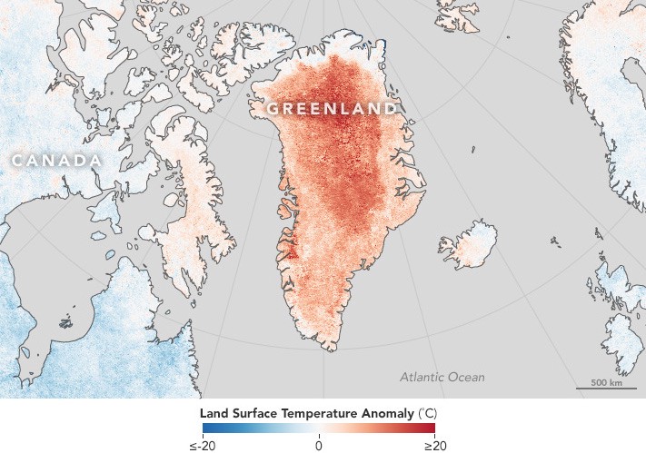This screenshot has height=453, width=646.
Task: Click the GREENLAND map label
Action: click(x=331, y=109)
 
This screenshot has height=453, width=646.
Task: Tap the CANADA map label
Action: click(x=55, y=161)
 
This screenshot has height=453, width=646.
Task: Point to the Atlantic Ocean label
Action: click(x=442, y=377)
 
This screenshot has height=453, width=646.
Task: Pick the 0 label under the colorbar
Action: click(x=319, y=443)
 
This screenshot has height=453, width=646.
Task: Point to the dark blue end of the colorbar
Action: click(x=206, y=428)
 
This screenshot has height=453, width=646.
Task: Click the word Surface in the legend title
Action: click(x=253, y=412)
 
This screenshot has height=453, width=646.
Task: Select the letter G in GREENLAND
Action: click(x=273, y=109)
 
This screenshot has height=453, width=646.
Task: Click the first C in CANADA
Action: click(x=16, y=161)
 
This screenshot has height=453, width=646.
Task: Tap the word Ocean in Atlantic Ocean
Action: click(x=465, y=377)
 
